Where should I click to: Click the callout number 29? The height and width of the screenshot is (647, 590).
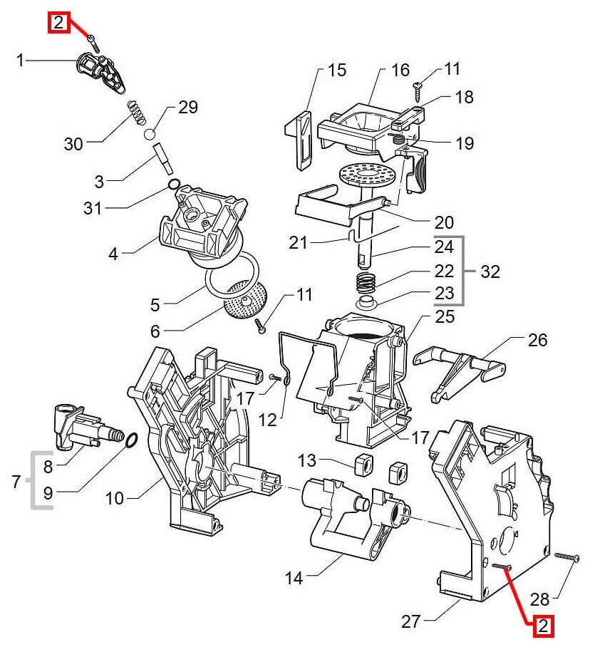188,108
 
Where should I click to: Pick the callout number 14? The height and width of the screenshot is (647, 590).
294,578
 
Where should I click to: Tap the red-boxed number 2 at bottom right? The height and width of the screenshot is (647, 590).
544,626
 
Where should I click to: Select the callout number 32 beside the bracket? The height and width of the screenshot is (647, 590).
490,271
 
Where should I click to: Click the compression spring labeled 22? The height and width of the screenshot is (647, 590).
365,281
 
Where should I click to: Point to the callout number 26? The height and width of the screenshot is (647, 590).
538,340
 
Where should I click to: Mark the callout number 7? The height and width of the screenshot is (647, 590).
16,483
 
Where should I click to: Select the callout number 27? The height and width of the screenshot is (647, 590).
410,621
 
